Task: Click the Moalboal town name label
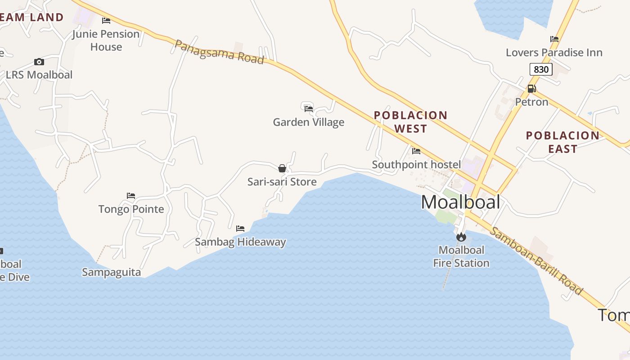tap(460, 202)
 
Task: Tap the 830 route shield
tap(540, 69)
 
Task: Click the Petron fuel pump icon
tap(531, 89)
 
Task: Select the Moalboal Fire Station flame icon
tap(461, 237)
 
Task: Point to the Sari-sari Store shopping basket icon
tap(282, 168)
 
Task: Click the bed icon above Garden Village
tap(309, 108)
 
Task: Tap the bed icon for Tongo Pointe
tap(131, 196)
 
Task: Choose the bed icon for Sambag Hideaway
tap(240, 229)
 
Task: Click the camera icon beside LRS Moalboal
tap(39, 62)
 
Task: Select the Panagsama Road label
tap(219, 52)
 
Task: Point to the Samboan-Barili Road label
tap(535, 261)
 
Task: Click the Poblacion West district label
tap(410, 122)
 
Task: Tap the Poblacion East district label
tap(562, 142)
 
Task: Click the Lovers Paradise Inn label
tap(554, 53)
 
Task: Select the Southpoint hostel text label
tap(416, 165)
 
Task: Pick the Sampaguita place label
tap(111, 272)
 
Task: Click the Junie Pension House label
tap(106, 40)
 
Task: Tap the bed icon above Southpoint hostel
tap(416, 151)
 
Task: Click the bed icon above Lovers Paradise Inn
tap(554, 39)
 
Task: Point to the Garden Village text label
tap(309, 122)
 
